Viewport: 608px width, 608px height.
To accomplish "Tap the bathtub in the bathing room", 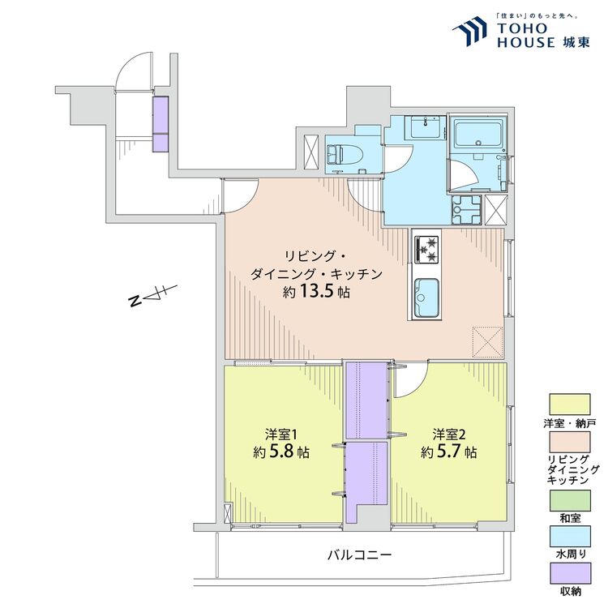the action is click(479, 134).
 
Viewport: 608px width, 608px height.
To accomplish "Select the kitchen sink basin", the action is click(426, 298).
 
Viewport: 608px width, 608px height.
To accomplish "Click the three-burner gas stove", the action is click(426, 250).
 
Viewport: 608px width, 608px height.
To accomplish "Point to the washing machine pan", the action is click(466, 210).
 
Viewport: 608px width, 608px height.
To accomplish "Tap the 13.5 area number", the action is click(316, 292).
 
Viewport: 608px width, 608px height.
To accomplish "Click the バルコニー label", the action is click(359, 554).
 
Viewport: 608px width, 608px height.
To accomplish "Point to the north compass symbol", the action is click(152, 296).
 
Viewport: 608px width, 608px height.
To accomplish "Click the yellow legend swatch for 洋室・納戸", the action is click(570, 405).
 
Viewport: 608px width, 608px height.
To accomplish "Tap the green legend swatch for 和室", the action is click(570, 501).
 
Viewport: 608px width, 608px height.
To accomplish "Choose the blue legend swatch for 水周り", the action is click(570, 537).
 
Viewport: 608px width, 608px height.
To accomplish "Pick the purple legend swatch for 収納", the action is click(570, 573).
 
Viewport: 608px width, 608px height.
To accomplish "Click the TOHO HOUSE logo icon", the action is click(470, 30).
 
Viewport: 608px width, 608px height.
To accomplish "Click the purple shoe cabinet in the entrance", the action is click(161, 124).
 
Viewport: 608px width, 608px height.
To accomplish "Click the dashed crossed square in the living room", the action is click(488, 341).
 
